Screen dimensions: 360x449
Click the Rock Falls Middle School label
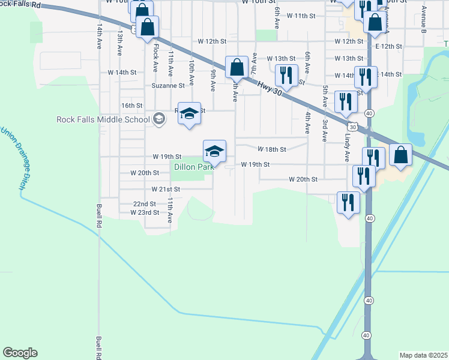(x=103, y=119)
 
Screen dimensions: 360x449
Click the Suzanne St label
(x=168, y=86)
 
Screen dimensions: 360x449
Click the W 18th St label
(x=272, y=149)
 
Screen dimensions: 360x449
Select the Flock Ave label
(x=155, y=55)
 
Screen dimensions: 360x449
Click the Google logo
(x=20, y=353)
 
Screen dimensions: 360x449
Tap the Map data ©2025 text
(x=424, y=355)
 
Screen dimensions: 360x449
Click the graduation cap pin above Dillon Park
(x=214, y=151)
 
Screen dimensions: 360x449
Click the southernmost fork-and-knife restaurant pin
(x=348, y=202)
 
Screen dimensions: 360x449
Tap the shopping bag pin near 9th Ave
(x=237, y=67)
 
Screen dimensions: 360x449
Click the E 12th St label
(x=387, y=46)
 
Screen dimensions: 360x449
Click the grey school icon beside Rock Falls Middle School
(x=158, y=118)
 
